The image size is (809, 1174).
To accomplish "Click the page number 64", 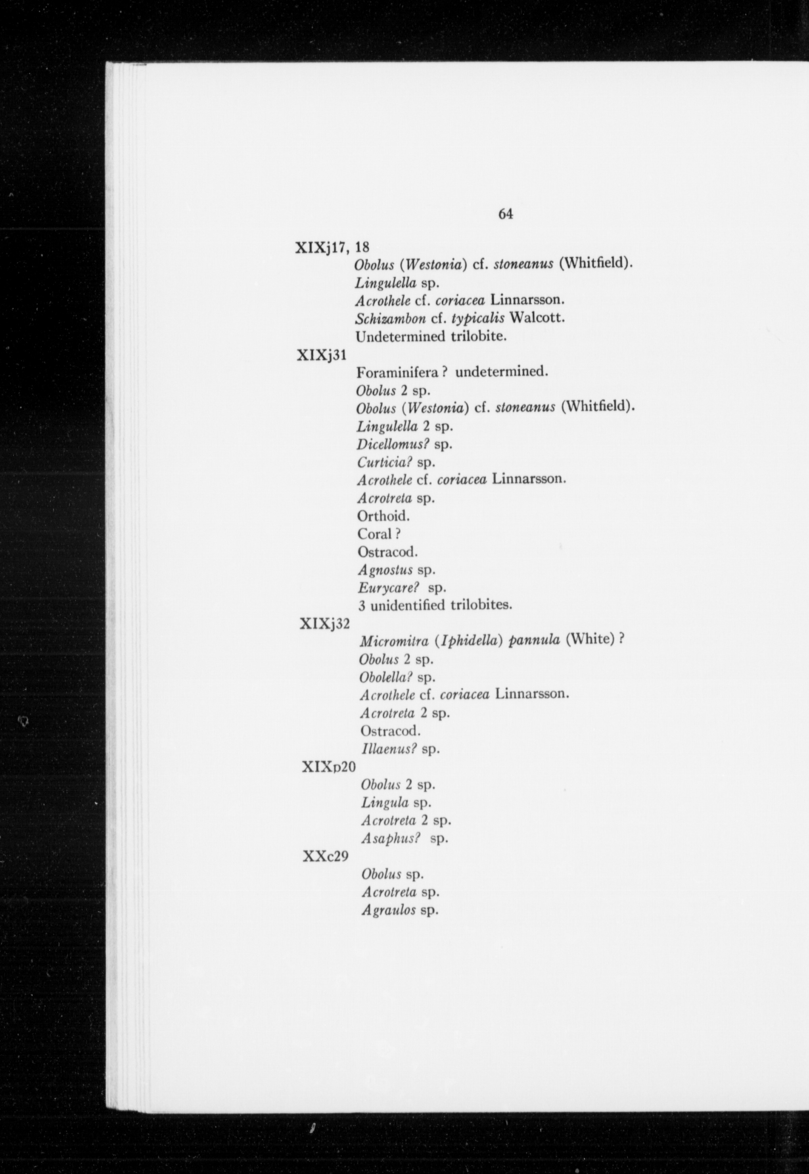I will coord(505,215).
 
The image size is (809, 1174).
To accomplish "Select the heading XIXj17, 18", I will coord(332,247).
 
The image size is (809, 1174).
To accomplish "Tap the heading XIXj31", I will coord(321,355).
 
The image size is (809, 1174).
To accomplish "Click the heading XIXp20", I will coord(328,767).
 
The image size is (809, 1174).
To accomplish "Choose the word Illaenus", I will coord(388,749).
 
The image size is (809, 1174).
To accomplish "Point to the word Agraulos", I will coord(389,910).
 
